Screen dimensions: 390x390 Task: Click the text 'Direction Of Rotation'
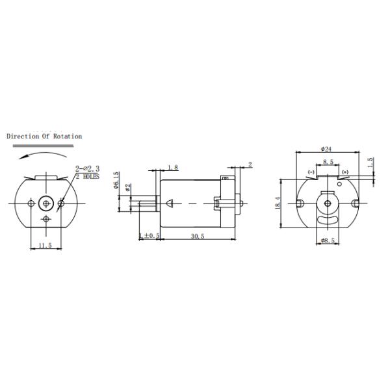click(44, 136)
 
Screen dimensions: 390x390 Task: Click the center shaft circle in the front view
click(46, 203)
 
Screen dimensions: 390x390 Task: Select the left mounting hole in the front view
click(31, 203)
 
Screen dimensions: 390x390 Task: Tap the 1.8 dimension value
click(172, 168)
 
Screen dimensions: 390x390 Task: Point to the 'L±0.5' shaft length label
click(149, 235)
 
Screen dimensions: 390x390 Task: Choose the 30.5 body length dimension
click(198, 236)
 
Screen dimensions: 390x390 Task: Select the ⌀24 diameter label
click(326, 149)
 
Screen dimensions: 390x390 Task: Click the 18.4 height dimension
click(278, 203)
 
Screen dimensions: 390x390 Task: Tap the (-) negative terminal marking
click(311, 172)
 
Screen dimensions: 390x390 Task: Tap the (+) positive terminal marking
click(344, 172)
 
